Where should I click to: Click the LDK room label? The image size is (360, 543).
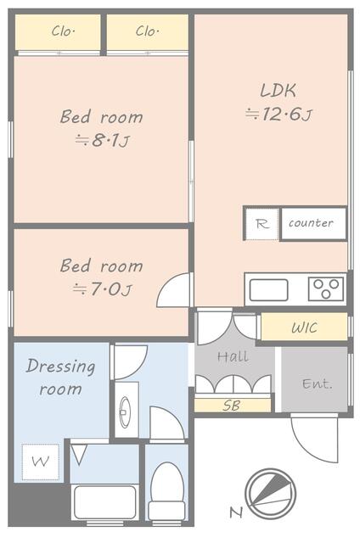pyautogui.click(x=278, y=90)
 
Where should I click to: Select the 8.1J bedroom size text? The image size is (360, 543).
pyautogui.click(x=101, y=141)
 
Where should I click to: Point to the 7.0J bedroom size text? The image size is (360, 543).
pyautogui.click(x=101, y=289)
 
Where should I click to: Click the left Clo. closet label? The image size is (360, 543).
pyautogui.click(x=63, y=32)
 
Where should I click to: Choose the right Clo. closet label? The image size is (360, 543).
pyautogui.click(x=147, y=32)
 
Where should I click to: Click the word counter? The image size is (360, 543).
pyautogui.click(x=311, y=223)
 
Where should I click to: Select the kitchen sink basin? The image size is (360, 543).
pyautogui.click(x=268, y=289)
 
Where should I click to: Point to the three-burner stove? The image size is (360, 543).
pyautogui.click(x=325, y=289)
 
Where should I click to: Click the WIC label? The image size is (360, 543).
pyautogui.click(x=304, y=327)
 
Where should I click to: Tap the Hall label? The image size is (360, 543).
pyautogui.click(x=232, y=357)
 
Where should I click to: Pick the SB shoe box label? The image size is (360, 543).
pyautogui.click(x=231, y=406)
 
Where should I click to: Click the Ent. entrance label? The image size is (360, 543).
pyautogui.click(x=317, y=383)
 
